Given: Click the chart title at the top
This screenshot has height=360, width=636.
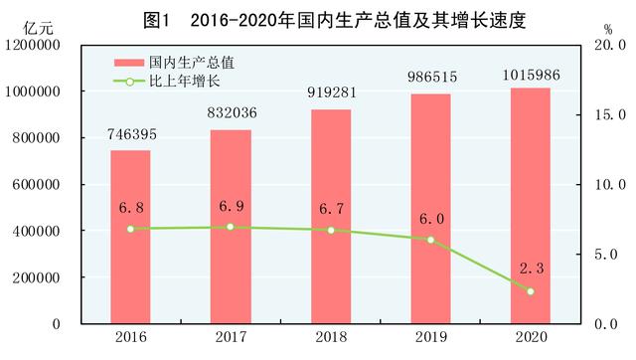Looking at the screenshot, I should [x=319, y=18].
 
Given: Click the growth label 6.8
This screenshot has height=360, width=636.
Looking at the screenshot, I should [x=130, y=209].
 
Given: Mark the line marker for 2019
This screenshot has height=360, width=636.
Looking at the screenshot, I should [x=430, y=240].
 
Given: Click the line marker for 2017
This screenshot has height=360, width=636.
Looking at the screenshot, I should [x=230, y=227].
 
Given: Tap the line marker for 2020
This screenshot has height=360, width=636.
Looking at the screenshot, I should [x=530, y=291].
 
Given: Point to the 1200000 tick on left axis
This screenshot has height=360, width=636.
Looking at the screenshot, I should [x=36, y=45].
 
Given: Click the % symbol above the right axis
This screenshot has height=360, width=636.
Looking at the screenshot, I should [x=607, y=28].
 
